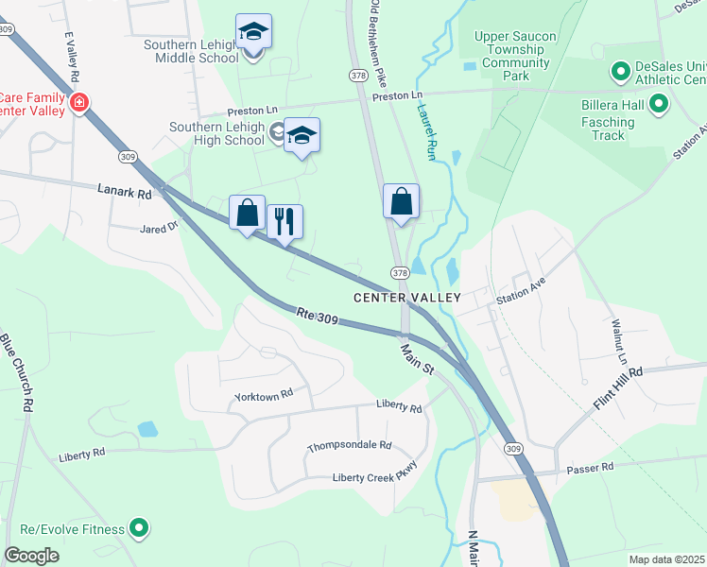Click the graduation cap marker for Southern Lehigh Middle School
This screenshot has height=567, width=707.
click(x=253, y=33)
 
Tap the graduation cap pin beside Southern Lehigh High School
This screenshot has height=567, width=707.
click(x=302, y=137)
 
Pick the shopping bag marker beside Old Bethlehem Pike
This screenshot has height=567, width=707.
click(x=401, y=202)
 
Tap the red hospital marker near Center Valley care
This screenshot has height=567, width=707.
click(x=79, y=102)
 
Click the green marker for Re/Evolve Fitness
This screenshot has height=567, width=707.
click(x=140, y=526)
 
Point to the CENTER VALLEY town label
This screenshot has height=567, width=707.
click(x=406, y=298)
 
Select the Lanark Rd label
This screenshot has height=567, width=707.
click(x=124, y=192)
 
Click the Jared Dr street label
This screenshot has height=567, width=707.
click(x=159, y=228)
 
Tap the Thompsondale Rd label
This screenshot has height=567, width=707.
click(x=349, y=445)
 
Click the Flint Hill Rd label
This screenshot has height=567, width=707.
click(x=618, y=387)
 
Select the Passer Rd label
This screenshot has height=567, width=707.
click(x=590, y=468)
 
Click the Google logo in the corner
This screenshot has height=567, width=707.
click(x=32, y=555)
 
